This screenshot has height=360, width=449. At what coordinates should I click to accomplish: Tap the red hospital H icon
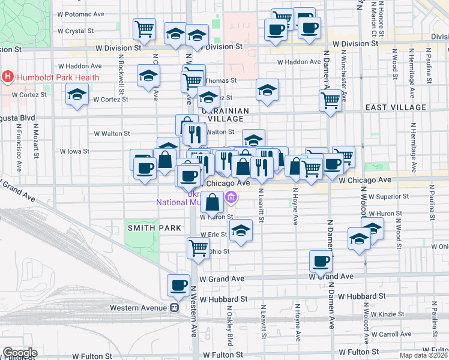point(8,77)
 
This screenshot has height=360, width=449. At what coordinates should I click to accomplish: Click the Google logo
point(20,353)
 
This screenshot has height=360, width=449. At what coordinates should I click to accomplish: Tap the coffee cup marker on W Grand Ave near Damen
point(321,261)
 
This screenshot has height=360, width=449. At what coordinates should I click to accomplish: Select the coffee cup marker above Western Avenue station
point(178,286)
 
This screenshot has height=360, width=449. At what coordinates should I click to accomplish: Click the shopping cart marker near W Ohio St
point(198,247)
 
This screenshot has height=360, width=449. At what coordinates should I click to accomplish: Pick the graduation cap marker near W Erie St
point(241,231)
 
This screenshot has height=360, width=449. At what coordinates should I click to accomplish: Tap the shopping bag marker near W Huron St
point(212,203)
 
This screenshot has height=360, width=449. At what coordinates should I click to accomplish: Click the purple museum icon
point(231,197)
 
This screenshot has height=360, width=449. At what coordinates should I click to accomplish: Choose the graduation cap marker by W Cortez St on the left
point(77,95)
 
